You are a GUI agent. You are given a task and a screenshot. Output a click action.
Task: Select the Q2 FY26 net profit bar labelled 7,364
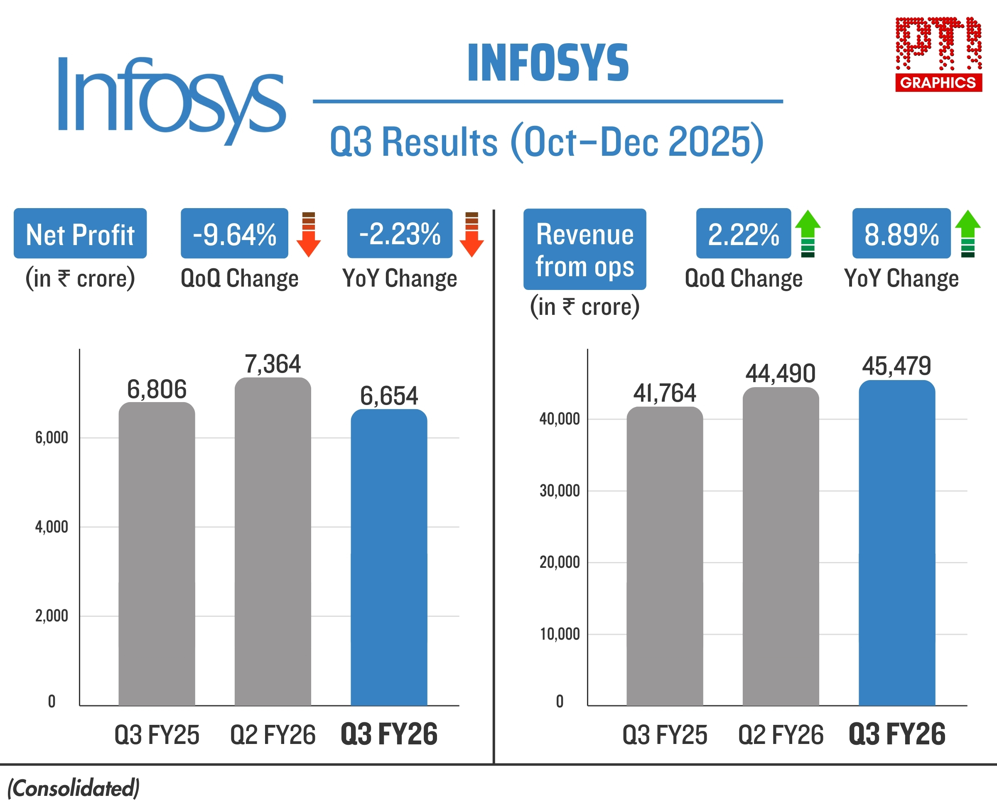click(x=273, y=541)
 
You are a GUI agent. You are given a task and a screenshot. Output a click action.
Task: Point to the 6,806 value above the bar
click(x=157, y=389)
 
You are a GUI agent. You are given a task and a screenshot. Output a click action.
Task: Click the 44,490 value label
click(x=780, y=373)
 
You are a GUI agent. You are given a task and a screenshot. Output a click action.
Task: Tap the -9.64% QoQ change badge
click(x=234, y=234)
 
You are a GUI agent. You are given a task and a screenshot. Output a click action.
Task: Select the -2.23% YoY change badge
click(x=399, y=234)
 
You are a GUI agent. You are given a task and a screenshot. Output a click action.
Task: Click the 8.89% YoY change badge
click(x=901, y=234)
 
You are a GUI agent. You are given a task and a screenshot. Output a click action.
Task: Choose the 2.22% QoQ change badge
click(x=743, y=234)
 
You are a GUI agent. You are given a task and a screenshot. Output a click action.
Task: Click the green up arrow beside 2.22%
click(x=808, y=233)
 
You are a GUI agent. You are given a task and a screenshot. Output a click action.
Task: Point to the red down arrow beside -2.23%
click(x=471, y=234)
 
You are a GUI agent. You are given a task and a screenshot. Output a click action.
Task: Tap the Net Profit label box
click(x=80, y=234)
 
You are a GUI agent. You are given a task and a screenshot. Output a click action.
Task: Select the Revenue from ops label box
click(x=584, y=249)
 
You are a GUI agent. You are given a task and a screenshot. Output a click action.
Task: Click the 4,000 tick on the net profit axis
click(x=52, y=527)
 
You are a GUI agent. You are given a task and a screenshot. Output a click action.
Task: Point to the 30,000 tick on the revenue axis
click(x=560, y=491)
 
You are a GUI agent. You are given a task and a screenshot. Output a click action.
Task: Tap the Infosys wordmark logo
click(x=171, y=98)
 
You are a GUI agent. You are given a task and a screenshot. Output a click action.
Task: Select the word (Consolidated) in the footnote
click(x=73, y=788)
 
